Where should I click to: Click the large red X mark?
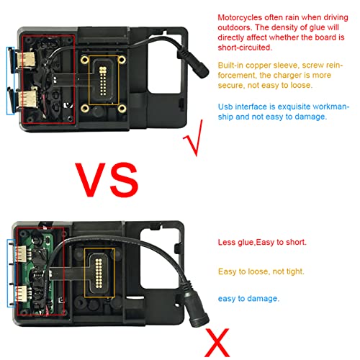click(217, 342)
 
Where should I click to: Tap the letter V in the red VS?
click(90, 180)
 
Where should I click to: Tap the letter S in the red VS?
click(123, 180)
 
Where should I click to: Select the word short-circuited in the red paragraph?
click(245, 48)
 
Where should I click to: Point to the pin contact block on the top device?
click(103, 81)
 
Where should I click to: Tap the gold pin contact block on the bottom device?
click(99, 273)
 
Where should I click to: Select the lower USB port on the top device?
click(27, 99)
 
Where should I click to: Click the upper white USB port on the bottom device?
click(21, 254)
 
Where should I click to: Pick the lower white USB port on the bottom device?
click(21, 294)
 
